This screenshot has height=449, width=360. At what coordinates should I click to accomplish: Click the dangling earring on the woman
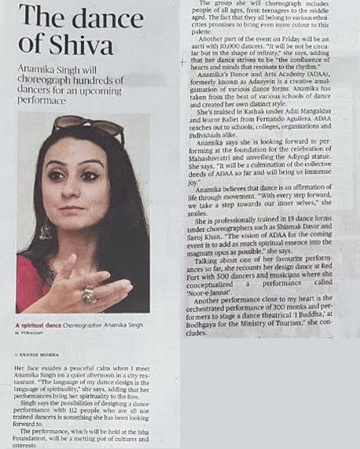point(46,230)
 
